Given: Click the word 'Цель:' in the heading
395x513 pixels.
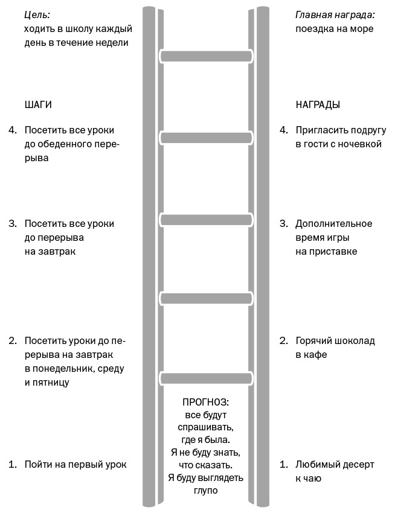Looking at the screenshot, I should point(37,14).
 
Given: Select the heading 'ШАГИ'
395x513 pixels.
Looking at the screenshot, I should point(38,104).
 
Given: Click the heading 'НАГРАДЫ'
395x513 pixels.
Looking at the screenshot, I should point(318,104).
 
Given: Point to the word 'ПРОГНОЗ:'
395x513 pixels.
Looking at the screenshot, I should point(206,402).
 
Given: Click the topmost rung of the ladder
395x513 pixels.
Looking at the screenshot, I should point(206,56).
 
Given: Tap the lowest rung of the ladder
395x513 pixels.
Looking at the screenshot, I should point(206,378).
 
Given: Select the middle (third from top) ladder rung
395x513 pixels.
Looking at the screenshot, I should point(206,220).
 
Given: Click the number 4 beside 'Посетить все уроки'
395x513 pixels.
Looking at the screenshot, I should point(13,130).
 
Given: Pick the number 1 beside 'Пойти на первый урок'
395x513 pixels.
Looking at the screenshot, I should point(13,465).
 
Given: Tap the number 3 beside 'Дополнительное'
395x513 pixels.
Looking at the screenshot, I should point(284,224).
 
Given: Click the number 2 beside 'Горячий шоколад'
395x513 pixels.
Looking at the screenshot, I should point(284,341).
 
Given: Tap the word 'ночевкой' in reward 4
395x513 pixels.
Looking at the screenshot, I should point(361,144).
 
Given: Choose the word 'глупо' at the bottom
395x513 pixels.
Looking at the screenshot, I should point(206,491).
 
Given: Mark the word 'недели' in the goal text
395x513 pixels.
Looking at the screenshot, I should point(112,43).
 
